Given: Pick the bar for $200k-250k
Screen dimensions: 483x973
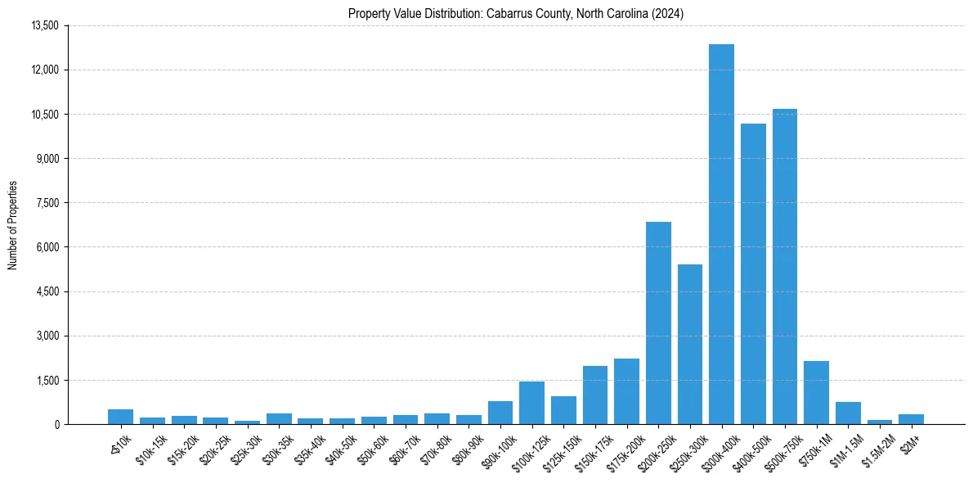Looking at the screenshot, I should tap(658, 323).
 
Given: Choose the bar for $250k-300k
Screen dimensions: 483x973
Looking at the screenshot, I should tap(690, 344).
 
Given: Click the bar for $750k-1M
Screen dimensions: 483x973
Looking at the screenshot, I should tap(816, 392).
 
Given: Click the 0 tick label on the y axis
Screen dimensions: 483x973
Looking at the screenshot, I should tap(56, 424).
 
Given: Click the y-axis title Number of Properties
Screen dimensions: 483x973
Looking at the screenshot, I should tap(12, 225).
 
